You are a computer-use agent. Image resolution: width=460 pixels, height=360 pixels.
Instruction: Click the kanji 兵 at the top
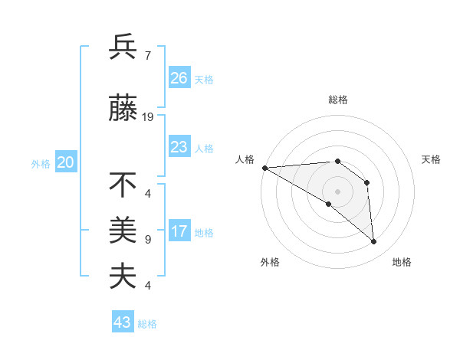click(123, 47)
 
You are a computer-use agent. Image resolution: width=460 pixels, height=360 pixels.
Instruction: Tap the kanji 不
click(123, 185)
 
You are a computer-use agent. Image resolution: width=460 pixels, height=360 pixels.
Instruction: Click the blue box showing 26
click(179, 78)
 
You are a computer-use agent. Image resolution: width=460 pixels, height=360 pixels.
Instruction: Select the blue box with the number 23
click(179, 147)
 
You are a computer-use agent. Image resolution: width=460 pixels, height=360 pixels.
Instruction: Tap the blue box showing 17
click(179, 232)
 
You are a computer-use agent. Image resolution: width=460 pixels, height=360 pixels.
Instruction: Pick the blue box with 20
click(65, 162)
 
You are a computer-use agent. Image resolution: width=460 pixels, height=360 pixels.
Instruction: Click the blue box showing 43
click(122, 322)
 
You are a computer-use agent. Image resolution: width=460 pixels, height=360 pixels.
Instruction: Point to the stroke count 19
click(148, 117)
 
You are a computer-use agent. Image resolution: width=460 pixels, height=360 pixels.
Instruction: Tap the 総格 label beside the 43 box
click(147, 324)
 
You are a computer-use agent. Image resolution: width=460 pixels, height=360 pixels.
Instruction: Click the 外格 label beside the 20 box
click(41, 164)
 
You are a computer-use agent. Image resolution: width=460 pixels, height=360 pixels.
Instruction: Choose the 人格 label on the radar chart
click(245, 159)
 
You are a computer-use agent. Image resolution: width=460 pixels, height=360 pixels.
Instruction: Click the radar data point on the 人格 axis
click(264, 168)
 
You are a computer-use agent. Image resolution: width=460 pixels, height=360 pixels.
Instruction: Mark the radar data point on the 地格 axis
click(374, 242)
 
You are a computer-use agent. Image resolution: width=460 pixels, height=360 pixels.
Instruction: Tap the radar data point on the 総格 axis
click(337, 161)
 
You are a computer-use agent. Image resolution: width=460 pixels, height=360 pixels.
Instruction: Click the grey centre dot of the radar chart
click(337, 191)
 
